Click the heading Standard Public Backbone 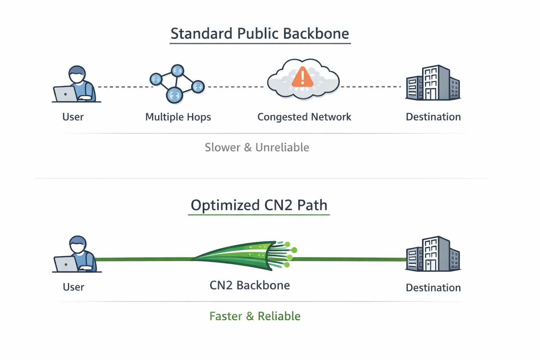pos(260,34)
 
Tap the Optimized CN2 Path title pos(259,205)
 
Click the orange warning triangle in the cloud pos(302,78)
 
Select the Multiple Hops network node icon pos(176,84)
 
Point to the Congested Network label pos(304,117)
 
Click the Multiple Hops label pos(178,117)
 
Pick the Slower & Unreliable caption pos(257,147)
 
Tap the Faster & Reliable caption pos(255,316)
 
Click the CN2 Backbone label pos(250,285)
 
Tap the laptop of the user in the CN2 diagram pos(66,264)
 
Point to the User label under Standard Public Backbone pos(73,117)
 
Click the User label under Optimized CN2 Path pos(73,287)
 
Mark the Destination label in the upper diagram pos(433,117)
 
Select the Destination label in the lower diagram pos(433,288)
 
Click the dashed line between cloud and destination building pos(371,86)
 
